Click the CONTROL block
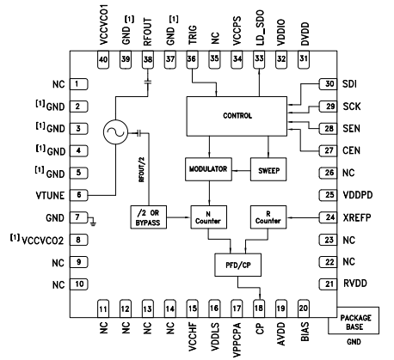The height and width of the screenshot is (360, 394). coord(237,116)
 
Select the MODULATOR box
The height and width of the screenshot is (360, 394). coord(208,169)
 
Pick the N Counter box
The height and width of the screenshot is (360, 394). coord(208,217)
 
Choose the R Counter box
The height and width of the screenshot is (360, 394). coord(268,217)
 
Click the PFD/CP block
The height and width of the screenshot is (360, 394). coord(238,265)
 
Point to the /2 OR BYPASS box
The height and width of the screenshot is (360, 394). coord(149,217)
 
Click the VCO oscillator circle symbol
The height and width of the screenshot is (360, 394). coord(115,132)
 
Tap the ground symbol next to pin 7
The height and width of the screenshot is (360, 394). coord(93,221)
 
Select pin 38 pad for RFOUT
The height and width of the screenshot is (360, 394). coord(148,60)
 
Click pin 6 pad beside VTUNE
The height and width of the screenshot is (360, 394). coord(79,195)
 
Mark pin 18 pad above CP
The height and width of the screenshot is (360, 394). coord(259,308)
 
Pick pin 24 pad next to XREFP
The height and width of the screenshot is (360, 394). coord(328,217)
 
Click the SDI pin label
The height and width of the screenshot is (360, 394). coord(350,84)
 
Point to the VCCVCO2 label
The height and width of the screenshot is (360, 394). coord(42,241)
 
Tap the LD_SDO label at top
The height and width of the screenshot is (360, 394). coord(260,27)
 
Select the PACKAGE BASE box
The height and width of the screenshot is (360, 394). coord(354,320)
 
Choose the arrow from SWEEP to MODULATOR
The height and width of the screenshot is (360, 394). coord(241,171)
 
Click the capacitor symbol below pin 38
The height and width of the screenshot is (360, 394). coord(148,82)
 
